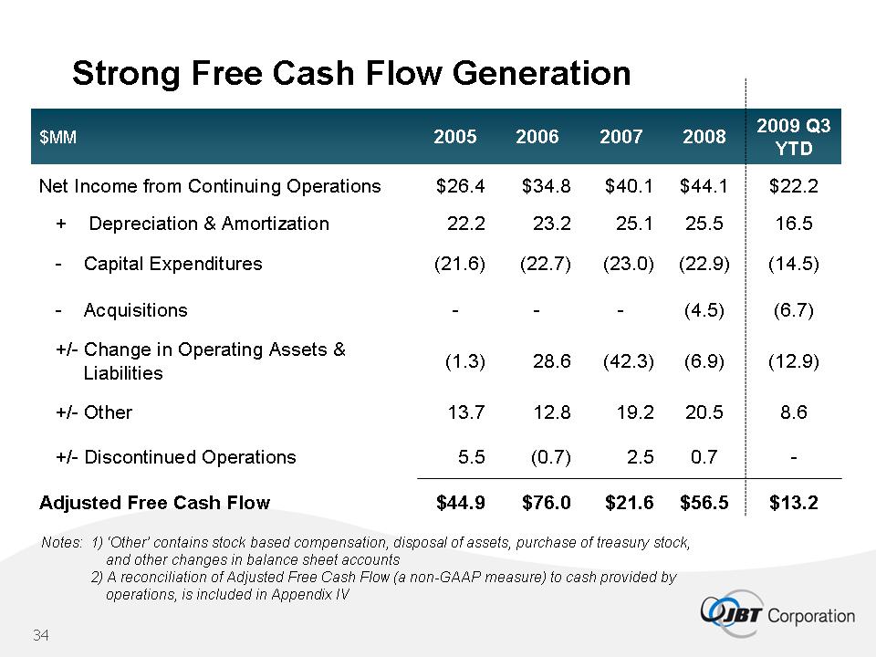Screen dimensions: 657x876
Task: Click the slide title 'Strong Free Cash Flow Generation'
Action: [351, 73]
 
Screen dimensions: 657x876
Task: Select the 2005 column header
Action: [454, 137]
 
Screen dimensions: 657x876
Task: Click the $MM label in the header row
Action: [57, 137]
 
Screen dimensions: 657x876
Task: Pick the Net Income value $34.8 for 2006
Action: [547, 186]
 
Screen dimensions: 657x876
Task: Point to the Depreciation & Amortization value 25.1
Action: [636, 224]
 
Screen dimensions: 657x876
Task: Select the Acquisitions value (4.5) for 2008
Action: [704, 310]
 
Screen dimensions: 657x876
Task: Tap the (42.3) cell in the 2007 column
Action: [629, 361]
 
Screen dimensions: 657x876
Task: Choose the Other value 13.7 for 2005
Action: [465, 412]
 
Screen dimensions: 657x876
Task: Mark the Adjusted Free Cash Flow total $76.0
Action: [547, 502]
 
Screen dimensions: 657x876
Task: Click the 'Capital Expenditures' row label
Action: [172, 264]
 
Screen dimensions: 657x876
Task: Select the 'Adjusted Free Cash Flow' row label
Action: [154, 502]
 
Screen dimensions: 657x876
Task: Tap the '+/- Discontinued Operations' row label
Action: [176, 457]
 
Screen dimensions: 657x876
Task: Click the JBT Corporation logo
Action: [778, 614]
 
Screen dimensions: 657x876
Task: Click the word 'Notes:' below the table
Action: [62, 543]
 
